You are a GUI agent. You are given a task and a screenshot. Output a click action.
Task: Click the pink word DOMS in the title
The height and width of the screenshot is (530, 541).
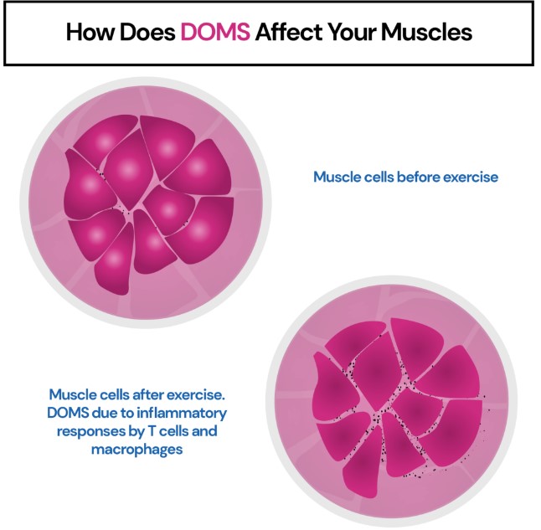pos(215,32)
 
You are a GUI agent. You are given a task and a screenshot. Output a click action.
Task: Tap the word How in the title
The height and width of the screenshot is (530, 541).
pos(90,32)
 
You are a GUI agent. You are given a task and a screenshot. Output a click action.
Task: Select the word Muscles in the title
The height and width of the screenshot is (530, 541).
pos(426,32)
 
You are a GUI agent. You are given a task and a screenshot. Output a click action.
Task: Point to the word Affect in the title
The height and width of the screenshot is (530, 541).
pos(289,32)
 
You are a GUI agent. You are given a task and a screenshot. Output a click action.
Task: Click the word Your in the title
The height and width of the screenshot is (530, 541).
pos(352,32)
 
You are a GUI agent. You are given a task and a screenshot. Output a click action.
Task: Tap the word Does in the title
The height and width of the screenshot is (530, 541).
pos(147,32)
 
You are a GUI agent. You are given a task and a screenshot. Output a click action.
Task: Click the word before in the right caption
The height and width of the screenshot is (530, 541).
pos(418,177)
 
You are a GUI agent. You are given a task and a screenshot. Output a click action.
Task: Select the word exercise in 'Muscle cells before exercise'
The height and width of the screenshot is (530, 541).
pos(471,177)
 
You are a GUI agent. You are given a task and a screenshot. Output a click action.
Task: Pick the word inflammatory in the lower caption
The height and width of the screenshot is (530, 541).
pos(182,413)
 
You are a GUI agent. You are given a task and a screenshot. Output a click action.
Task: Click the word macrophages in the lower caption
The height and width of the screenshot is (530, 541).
pos(137,450)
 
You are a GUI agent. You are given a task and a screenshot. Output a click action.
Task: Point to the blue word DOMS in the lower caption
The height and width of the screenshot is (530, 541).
pos(68,413)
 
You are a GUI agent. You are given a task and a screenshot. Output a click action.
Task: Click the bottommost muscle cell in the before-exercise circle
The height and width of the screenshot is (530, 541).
pos(114,260)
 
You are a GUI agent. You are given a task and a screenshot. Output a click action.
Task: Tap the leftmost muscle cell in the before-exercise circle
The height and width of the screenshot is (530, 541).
pos(89,184)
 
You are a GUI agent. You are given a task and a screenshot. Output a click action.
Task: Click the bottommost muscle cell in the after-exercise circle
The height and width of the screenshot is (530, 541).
pos(363,462)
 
